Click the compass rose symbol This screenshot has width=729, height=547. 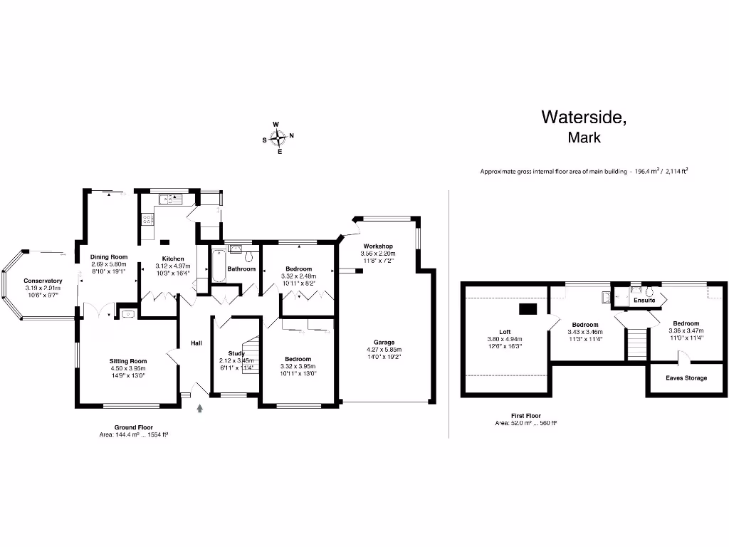coord(279,137)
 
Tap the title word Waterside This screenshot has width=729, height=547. coord(584,117)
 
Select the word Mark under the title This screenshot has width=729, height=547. coord(584,138)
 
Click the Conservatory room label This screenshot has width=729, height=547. coord(43,281)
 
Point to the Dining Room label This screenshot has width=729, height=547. coord(108,257)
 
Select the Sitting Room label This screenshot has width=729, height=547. coord(128,361)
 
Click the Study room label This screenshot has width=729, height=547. coord(236,353)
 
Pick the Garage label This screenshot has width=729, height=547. coord(384,342)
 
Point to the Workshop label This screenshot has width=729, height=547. coord(377,246)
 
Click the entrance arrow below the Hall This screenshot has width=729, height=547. coord(199,408)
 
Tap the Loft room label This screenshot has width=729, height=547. coord(505,331)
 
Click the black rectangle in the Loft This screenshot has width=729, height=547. coord(528,308)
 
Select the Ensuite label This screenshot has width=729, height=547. coord(644,301)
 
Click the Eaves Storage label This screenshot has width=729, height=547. coord(686,377)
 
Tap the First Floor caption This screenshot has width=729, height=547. coord(526,415)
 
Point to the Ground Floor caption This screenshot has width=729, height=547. coord(134,427)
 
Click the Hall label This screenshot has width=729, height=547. coord(196,343)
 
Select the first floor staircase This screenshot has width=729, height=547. coord(636,345)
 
